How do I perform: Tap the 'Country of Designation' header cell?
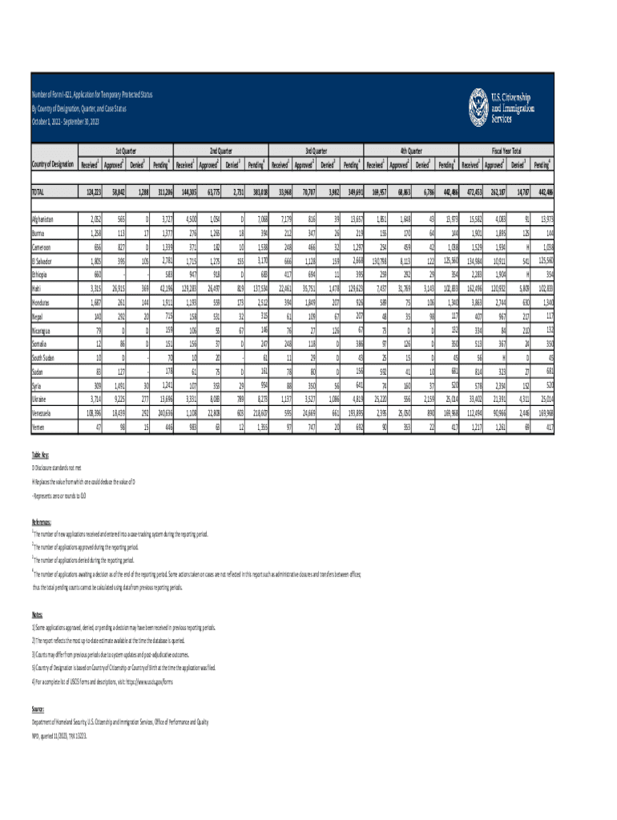(x=52, y=165)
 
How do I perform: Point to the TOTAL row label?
(x=38, y=192)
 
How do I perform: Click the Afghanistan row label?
(x=43, y=219)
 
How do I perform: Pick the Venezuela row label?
(x=42, y=413)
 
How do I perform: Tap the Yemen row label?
(x=38, y=428)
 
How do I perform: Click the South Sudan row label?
(x=43, y=358)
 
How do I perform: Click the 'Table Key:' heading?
(x=40, y=452)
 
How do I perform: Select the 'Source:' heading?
(x=38, y=709)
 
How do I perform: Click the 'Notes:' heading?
(x=37, y=615)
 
